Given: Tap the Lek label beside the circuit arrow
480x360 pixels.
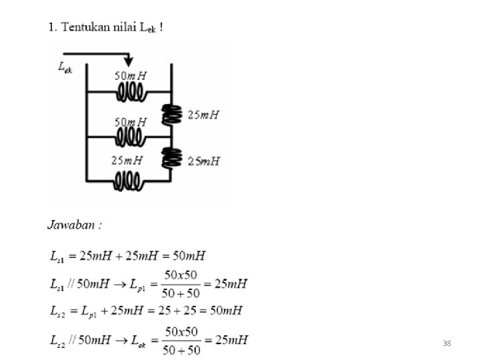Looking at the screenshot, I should (65, 68).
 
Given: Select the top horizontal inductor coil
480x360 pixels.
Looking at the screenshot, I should (131, 92).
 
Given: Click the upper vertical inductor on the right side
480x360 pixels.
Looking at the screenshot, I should (172, 115).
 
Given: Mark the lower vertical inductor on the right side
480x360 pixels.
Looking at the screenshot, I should (172, 159).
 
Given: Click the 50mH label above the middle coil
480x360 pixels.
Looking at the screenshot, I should (130, 122).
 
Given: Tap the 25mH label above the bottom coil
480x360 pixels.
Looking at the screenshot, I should (127, 161).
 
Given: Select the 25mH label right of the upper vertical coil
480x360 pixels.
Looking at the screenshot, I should (203, 115).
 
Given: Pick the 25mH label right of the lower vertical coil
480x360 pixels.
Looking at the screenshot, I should (203, 161).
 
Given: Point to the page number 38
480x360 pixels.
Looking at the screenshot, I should (447, 343).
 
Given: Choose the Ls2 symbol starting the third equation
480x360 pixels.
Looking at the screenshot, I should (58, 311).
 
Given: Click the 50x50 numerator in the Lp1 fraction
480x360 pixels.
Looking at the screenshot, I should (181, 276).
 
